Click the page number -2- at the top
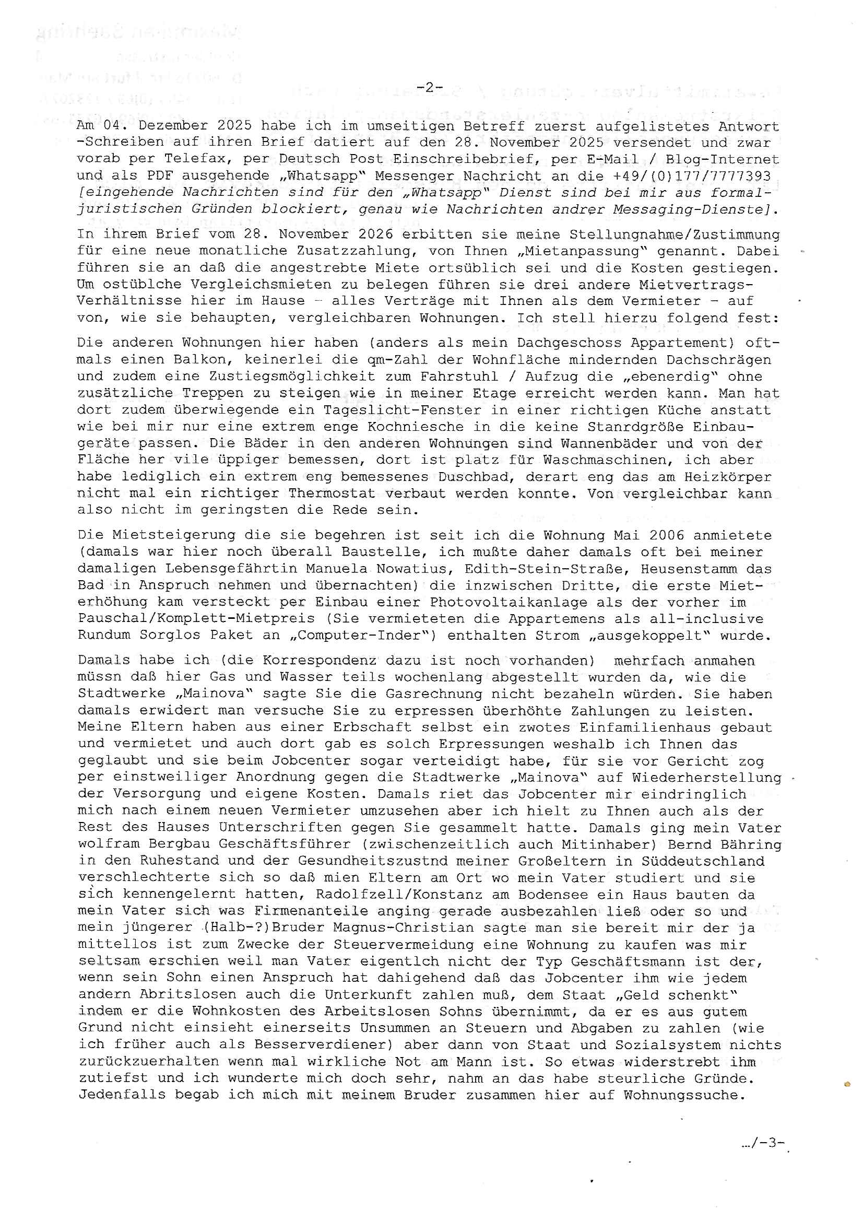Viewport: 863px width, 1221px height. click(430, 87)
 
